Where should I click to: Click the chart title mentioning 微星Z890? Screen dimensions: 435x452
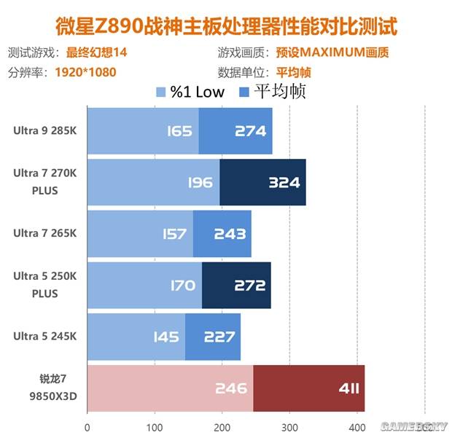pyautogui.click(x=226, y=27)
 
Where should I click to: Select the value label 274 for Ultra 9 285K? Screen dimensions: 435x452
pyautogui.click(x=251, y=131)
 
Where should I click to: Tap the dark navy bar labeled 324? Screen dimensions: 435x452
pyautogui.click(x=262, y=182)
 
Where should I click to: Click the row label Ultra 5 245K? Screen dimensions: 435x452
pyautogui.click(x=44, y=336)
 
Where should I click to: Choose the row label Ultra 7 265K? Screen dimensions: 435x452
pyautogui.click(x=44, y=233)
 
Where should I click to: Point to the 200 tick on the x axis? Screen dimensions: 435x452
pyautogui.click(x=222, y=427)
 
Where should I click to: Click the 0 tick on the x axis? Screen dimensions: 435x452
pyautogui.click(x=87, y=427)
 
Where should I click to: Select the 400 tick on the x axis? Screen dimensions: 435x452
pyautogui.click(x=356, y=427)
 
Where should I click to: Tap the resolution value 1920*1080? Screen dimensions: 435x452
pyautogui.click(x=85, y=72)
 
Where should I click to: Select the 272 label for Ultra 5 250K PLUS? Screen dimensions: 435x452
pyautogui.click(x=250, y=285)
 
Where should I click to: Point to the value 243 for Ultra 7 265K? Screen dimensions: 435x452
pyautogui.click(x=229, y=234)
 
